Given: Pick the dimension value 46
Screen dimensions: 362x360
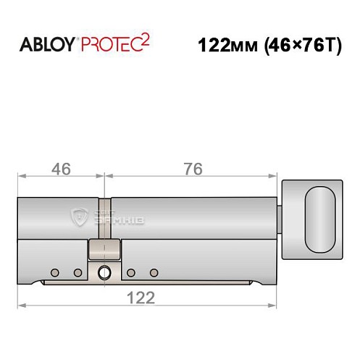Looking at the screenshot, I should click(62, 169).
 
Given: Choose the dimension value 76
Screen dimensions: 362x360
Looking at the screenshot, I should click(191, 169).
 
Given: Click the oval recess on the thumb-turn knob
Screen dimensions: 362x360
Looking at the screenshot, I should click(320, 214).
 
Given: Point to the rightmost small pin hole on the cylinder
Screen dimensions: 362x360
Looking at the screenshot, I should click(154, 272).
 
